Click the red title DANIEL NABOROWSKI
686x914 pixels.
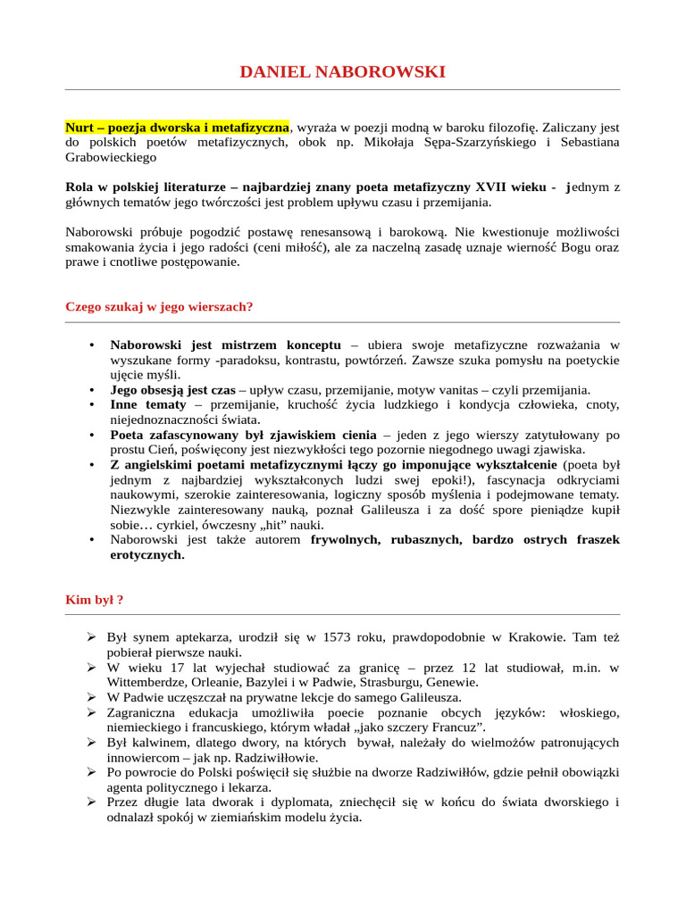click(342, 71)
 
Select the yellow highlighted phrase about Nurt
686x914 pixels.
click(177, 128)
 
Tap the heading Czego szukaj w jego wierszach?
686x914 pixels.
click(159, 307)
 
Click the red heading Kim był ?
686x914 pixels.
click(94, 599)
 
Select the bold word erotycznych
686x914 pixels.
click(146, 554)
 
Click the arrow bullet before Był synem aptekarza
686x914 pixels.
click(91, 637)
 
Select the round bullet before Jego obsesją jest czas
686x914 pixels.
click(92, 390)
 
